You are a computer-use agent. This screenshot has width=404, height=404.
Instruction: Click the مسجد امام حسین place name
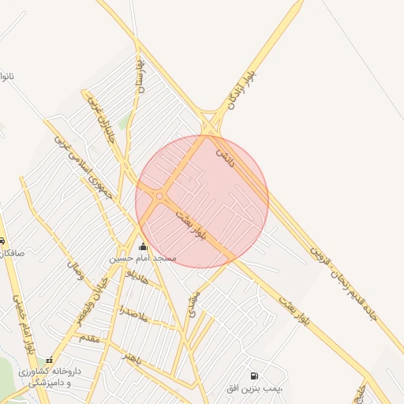point(143,259)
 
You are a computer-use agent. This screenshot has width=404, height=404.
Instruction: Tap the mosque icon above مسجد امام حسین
point(143,246)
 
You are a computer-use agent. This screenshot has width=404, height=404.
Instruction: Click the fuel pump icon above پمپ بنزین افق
point(254,376)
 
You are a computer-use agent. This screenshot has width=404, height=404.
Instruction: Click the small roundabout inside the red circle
point(159,196)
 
